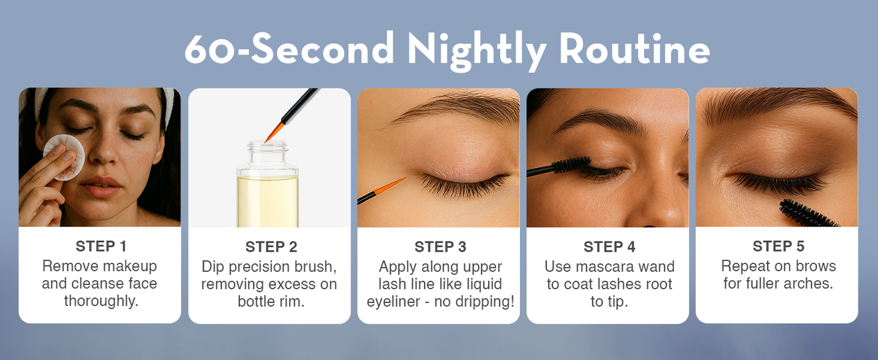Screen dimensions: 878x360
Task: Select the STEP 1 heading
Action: [101, 246]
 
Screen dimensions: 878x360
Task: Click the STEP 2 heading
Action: [271, 246]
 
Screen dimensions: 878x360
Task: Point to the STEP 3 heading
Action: [440, 246]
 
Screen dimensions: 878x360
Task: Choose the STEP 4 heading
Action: [610, 246]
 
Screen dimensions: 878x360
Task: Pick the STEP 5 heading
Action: [778, 246]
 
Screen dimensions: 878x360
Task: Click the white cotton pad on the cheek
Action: [64, 157]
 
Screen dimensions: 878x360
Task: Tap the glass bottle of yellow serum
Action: [268, 184]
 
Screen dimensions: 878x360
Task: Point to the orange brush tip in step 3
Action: [389, 185]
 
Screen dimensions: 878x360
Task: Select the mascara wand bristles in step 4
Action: [573, 165]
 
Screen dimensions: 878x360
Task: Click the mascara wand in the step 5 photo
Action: [808, 214]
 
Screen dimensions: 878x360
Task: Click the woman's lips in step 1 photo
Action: [101, 187]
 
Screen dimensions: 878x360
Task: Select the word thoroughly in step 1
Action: [101, 301]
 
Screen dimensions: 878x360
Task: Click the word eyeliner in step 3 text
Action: [394, 302]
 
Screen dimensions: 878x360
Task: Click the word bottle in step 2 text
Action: [257, 302]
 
